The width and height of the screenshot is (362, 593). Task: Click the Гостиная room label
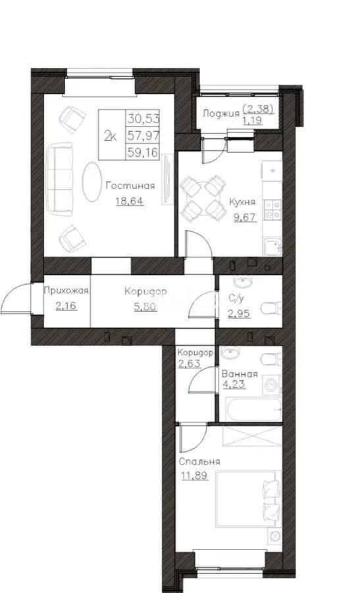tap(130, 186)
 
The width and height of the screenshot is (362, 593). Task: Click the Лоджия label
tap(220, 113)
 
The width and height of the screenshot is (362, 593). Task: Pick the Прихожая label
tap(66, 291)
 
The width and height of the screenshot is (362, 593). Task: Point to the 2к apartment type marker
tap(111, 136)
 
